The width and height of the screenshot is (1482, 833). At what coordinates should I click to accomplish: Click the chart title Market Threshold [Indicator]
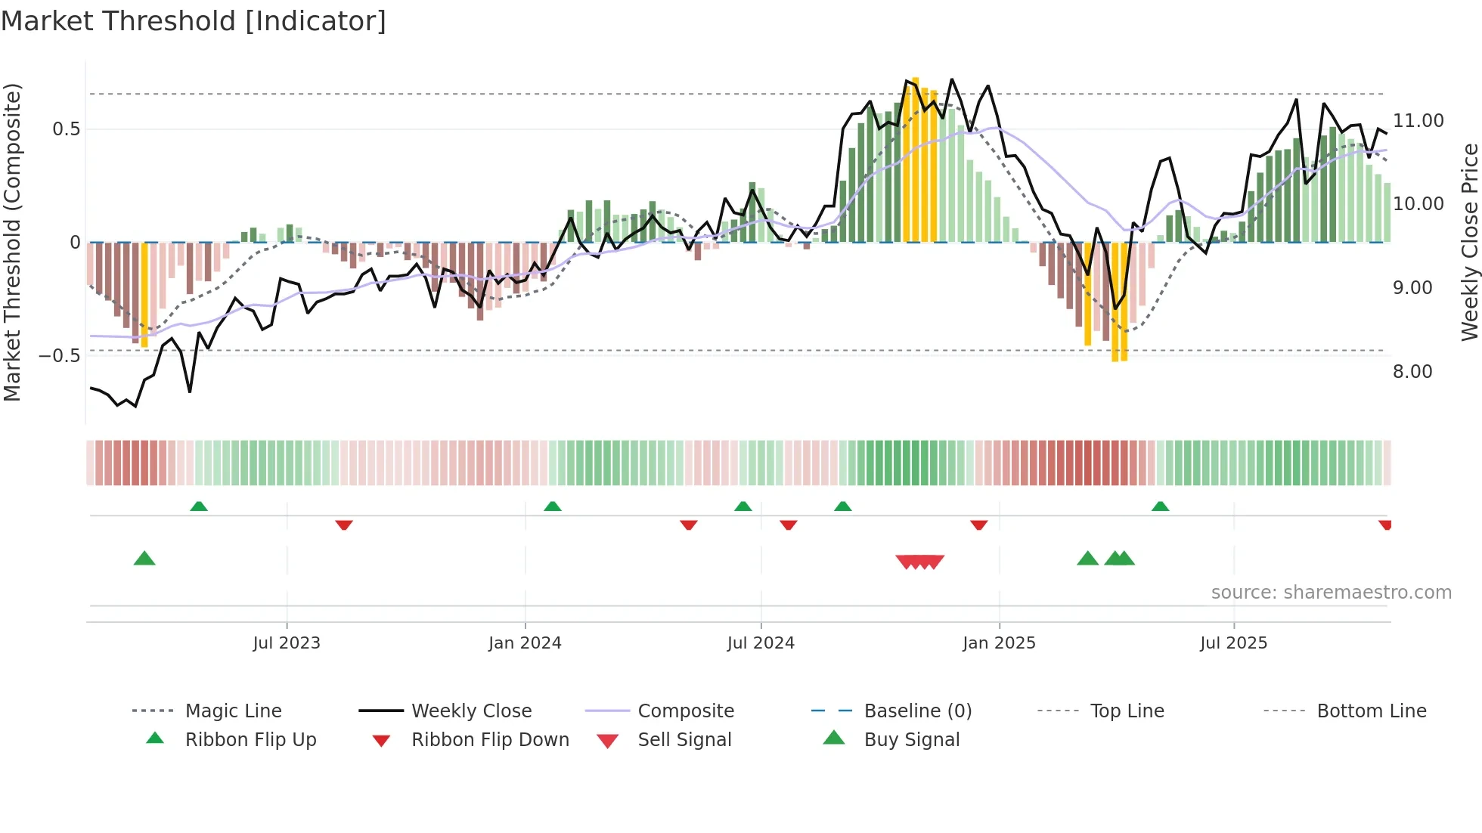[x=194, y=21]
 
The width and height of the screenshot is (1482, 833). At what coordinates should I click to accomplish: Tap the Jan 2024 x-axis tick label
[x=525, y=643]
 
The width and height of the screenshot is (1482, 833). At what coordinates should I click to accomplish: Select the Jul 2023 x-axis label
[x=287, y=643]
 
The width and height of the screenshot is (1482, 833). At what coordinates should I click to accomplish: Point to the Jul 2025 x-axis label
[x=1233, y=643]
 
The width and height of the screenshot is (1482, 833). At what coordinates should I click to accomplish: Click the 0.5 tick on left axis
[x=66, y=129]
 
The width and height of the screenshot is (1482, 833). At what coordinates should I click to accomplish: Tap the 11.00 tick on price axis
[x=1418, y=121]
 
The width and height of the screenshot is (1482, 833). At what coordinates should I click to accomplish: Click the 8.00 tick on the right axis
[x=1412, y=372]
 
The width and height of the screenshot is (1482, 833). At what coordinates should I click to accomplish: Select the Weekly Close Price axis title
[x=1469, y=242]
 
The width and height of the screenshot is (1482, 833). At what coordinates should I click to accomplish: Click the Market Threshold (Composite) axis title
[x=12, y=242]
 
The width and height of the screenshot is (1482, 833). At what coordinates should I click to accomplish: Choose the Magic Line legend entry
[x=233, y=711]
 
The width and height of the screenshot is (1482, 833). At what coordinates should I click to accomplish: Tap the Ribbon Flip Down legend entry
[x=490, y=740]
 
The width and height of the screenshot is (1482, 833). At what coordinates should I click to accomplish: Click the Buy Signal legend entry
[x=911, y=740]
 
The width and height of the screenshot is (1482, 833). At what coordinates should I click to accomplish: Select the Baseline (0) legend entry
[x=917, y=711]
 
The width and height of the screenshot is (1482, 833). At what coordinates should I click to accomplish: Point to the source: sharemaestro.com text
[x=1331, y=593]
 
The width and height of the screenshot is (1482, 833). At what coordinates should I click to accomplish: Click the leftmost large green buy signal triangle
[x=144, y=559]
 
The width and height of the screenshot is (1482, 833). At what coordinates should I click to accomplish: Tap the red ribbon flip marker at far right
[x=1384, y=525]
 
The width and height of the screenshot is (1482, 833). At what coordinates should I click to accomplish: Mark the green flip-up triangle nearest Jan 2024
[x=553, y=506]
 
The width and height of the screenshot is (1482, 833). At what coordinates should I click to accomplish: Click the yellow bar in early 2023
[x=144, y=295]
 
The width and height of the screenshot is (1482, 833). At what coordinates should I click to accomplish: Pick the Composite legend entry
[x=685, y=711]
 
